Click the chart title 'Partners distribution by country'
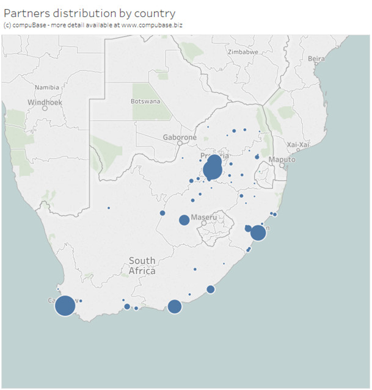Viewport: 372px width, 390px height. (x=90, y=13)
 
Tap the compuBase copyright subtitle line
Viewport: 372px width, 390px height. (x=93, y=25)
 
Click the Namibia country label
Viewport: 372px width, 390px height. (x=46, y=87)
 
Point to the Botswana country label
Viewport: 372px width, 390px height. (x=145, y=101)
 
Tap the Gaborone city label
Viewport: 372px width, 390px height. (x=180, y=138)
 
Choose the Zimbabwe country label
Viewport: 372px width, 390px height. (x=243, y=52)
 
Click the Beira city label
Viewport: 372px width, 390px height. (x=316, y=59)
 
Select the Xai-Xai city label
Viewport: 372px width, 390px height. (x=299, y=144)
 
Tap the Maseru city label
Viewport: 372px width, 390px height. (x=204, y=217)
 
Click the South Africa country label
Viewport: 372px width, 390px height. (x=142, y=266)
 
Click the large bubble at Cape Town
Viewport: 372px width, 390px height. (x=65, y=305)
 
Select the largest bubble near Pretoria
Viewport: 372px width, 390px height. (x=213, y=170)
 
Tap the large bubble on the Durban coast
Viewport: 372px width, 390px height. (x=258, y=233)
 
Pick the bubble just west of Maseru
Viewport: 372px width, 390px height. (x=184, y=220)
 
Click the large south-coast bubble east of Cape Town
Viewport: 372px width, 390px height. (x=174, y=306)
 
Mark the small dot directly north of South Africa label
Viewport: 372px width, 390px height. (x=109, y=208)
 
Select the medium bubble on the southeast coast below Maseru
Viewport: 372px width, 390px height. (x=210, y=289)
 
